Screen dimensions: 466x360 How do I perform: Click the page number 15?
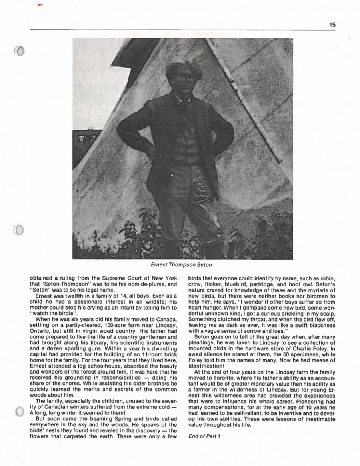tap(332, 25)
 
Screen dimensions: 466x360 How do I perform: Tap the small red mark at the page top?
tap(39, 5)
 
